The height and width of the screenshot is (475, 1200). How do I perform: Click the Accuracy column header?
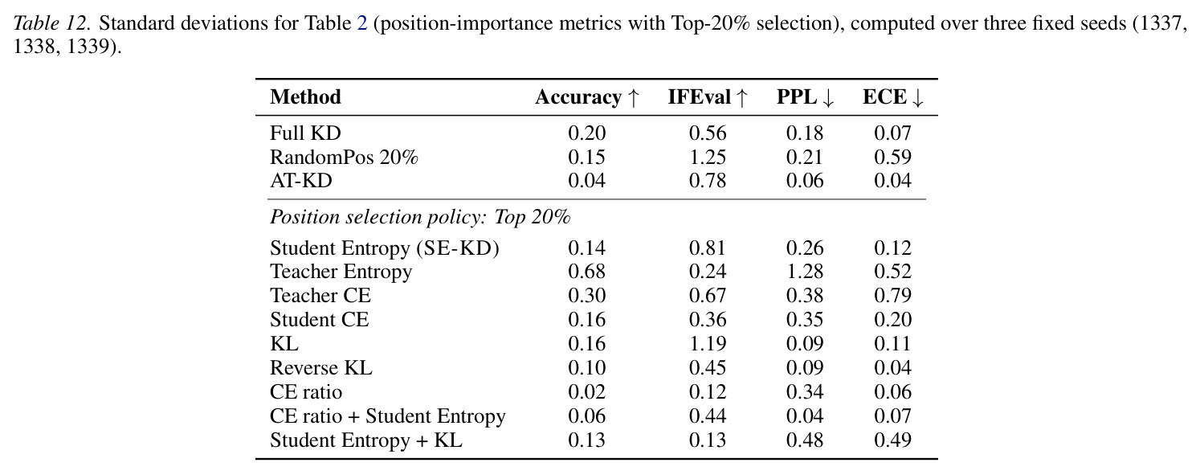coord(586,97)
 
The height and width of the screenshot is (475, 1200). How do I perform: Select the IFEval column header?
coord(707,97)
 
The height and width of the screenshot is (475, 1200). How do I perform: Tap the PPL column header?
coord(805,97)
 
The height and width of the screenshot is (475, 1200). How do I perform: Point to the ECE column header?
coord(892,97)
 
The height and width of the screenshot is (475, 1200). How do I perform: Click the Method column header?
coord(305,97)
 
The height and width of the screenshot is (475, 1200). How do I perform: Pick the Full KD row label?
coord(305,133)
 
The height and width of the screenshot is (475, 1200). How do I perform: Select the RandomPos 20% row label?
coord(344,157)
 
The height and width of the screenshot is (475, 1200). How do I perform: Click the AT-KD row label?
coord(301,181)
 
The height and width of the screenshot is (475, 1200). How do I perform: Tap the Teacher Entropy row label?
coord(341,272)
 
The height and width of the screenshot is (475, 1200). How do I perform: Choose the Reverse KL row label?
coord(321,368)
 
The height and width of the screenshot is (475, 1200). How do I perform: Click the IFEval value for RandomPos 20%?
coord(707,157)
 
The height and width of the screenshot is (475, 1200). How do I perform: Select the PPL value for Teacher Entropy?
coord(805,272)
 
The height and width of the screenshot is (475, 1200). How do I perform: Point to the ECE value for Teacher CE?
coord(892,296)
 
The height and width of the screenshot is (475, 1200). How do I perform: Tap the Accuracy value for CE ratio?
coord(586,392)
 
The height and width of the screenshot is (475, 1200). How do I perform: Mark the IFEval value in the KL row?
coord(707,344)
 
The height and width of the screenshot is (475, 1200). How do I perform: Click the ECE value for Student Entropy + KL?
coord(892,440)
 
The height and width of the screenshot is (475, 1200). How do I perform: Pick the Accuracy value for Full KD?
coord(586,133)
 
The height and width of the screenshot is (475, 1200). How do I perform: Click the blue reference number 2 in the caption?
coord(362,23)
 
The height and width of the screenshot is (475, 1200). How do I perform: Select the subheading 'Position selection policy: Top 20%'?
coord(420,217)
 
